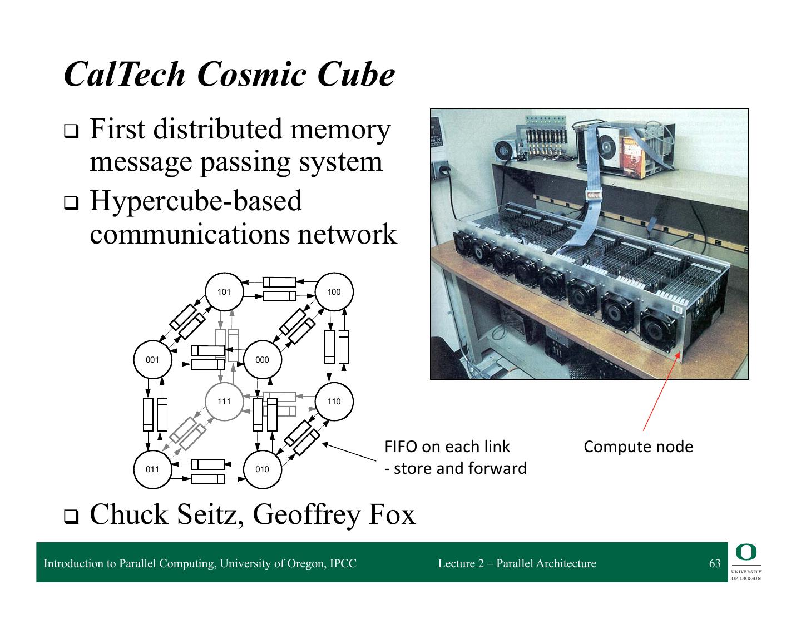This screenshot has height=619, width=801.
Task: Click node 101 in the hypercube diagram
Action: [x=224, y=291]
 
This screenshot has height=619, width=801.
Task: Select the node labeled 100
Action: [x=334, y=291]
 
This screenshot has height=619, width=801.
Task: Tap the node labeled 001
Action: [x=152, y=359]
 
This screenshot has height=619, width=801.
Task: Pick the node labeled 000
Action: [x=263, y=359]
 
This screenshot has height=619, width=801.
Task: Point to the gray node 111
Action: [x=224, y=402]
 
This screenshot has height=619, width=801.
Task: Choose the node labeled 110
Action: [x=334, y=402]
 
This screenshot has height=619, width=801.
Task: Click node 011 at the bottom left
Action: [x=152, y=469]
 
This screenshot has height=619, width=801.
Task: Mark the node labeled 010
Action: [x=263, y=469]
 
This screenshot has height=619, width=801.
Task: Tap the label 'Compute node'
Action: [x=638, y=447]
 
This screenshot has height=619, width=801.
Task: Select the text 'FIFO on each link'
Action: [x=447, y=447]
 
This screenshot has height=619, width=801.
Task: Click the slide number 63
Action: [x=715, y=563]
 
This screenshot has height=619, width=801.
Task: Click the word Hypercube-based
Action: [x=196, y=201]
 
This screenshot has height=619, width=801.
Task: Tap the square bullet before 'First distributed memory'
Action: [x=71, y=132]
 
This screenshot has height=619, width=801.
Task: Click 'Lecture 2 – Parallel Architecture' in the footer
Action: [x=517, y=563]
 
